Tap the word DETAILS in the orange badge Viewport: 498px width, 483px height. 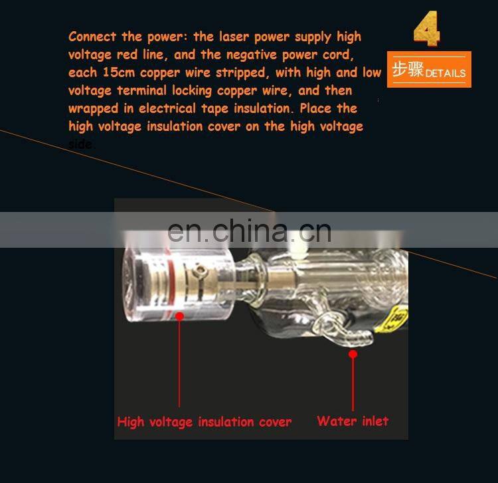click(x=446, y=72)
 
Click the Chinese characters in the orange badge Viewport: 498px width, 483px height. click(x=407, y=70)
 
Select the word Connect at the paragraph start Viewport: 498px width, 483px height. click(x=92, y=37)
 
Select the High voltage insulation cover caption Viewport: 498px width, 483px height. click(x=204, y=421)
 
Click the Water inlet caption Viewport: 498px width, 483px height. click(x=353, y=421)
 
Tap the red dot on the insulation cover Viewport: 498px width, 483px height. click(x=179, y=316)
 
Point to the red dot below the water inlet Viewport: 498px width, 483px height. click(x=353, y=354)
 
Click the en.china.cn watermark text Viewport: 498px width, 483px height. click(x=249, y=231)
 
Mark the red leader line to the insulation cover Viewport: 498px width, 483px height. click(x=179, y=362)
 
